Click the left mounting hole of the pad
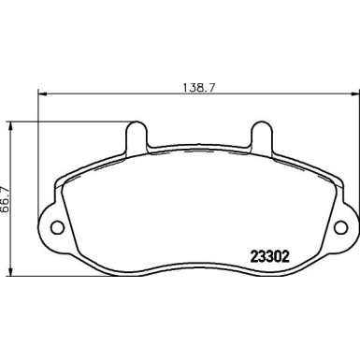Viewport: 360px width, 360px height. tap(55, 224)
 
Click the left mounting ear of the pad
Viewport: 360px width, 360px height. tap(51, 224)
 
